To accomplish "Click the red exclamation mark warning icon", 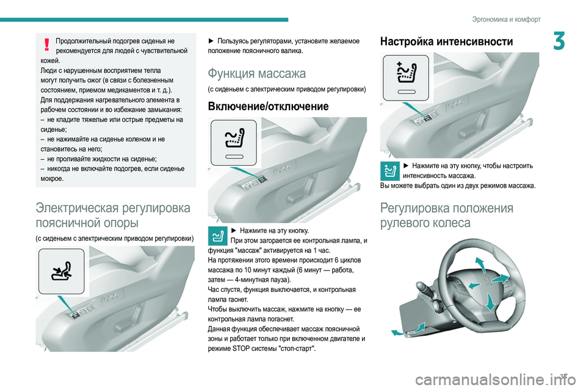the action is point(47,44).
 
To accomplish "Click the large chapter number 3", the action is point(559,41).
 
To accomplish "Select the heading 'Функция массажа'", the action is point(257,73).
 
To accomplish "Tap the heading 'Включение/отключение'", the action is point(268,106).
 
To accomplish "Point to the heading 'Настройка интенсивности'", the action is point(446,41).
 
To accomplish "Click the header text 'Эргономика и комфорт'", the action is point(506,19).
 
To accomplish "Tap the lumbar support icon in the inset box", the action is point(61,271).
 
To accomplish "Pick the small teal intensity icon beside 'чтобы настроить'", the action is point(390,171).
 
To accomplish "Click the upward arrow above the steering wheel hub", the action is point(480,265).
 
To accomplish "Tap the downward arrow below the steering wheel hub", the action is point(490,302).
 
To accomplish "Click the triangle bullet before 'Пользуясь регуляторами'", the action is point(211,41).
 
